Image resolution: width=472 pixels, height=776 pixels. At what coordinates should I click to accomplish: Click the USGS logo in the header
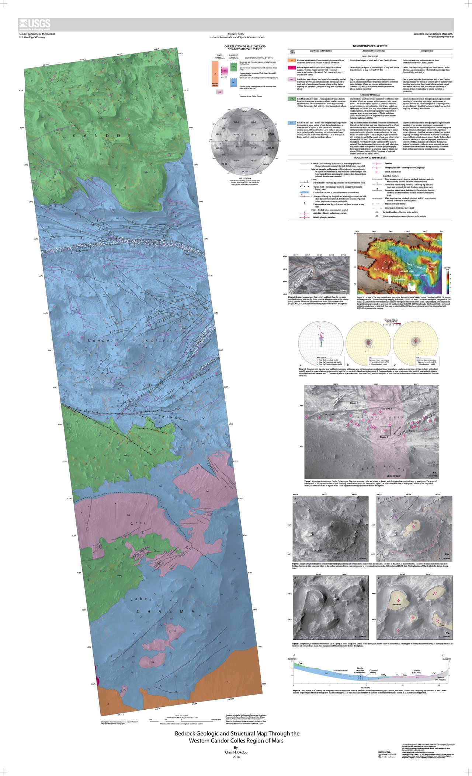pyautogui.click(x=35, y=25)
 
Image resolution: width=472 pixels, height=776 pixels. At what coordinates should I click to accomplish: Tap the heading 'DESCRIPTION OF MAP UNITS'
pyautogui.click(x=370, y=46)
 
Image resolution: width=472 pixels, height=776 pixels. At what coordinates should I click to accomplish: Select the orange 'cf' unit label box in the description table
pyautogui.click(x=292, y=60)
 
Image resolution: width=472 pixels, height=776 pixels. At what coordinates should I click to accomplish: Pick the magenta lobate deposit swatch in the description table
pyautogui.click(x=292, y=68)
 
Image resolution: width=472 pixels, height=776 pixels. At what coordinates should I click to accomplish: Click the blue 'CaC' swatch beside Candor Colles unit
pyautogui.click(x=292, y=123)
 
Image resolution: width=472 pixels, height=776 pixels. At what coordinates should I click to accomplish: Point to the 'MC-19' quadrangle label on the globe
pyautogui.click(x=239, y=147)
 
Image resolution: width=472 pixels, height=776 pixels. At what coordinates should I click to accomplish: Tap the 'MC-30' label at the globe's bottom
pyautogui.click(x=245, y=172)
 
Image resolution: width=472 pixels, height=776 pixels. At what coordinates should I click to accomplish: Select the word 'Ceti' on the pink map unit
pyautogui.click(x=138, y=523)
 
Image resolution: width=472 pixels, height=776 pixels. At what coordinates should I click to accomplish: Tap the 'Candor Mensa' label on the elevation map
pyautogui.click(x=431, y=265)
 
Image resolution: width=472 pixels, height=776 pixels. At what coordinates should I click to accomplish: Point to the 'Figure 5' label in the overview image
pyautogui.click(x=353, y=403)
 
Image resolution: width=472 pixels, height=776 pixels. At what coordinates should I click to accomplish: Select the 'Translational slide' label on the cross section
pyautogui.click(x=341, y=671)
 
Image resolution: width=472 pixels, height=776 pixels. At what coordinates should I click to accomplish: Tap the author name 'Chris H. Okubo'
pyautogui.click(x=236, y=752)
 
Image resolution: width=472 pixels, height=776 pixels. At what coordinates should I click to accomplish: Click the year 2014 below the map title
pyautogui.click(x=236, y=757)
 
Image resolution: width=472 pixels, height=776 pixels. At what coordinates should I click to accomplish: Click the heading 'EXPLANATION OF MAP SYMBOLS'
pyautogui.click(x=370, y=158)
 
